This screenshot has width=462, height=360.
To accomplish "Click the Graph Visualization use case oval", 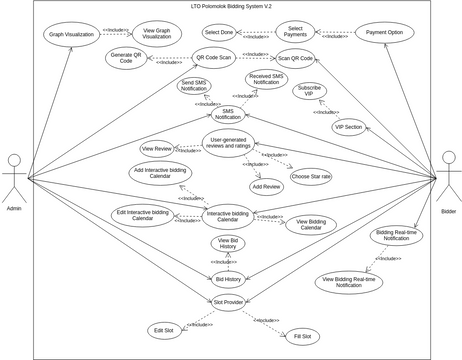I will click(x=71, y=33).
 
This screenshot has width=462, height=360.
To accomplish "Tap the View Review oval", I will click(x=157, y=148).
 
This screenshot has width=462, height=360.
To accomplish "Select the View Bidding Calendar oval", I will click(x=310, y=224).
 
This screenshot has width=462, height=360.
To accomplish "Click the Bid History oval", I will click(x=228, y=279).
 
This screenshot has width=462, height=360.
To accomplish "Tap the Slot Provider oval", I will click(x=228, y=302).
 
